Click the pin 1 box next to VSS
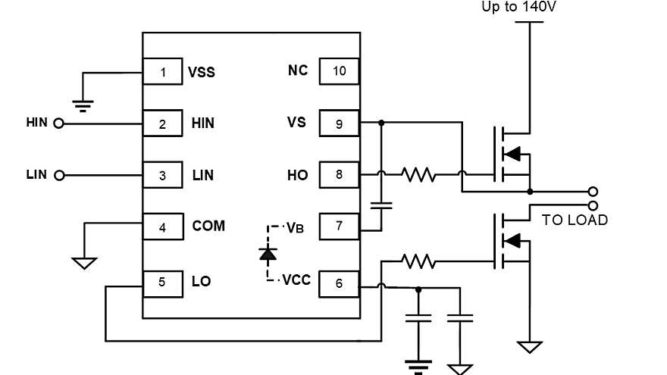pos(163,73)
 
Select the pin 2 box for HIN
pos(163,123)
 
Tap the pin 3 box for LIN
pos(163,175)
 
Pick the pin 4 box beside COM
pos(163,226)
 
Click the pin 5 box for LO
pos(163,281)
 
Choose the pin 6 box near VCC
pos(338,283)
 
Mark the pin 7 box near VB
pos(338,226)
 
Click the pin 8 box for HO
pos(338,175)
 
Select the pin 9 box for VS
pos(338,123)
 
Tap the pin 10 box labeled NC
pos(338,71)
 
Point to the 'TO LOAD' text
pos(575,220)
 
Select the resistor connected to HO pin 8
pos(418,175)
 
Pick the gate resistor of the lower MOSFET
pos(418,261)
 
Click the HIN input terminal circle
pos(58,123)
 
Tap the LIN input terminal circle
pos(58,175)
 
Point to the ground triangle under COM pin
pos(84,263)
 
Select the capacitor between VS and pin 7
pos(381,205)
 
